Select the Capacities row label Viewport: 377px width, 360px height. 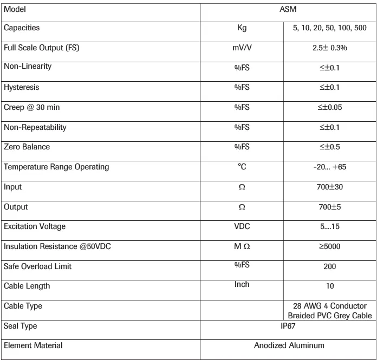22,28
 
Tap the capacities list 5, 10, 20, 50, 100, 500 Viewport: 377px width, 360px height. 329,28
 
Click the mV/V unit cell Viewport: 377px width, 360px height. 242,48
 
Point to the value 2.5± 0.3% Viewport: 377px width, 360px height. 329,48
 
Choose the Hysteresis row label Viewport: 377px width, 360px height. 22,88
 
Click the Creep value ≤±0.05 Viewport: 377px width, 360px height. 329,107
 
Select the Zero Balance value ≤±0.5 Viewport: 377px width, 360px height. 329,147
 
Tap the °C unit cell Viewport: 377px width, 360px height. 242,167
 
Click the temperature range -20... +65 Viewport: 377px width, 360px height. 329,167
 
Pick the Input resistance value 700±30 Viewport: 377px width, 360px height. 329,187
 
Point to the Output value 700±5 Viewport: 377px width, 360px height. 329,207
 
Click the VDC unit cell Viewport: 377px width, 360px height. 242,226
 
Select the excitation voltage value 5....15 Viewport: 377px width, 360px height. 329,226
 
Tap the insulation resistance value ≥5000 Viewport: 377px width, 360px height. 329,246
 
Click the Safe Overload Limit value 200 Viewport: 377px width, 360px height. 329,266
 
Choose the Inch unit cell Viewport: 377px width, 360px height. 242,285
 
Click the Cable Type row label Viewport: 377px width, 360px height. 23,306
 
